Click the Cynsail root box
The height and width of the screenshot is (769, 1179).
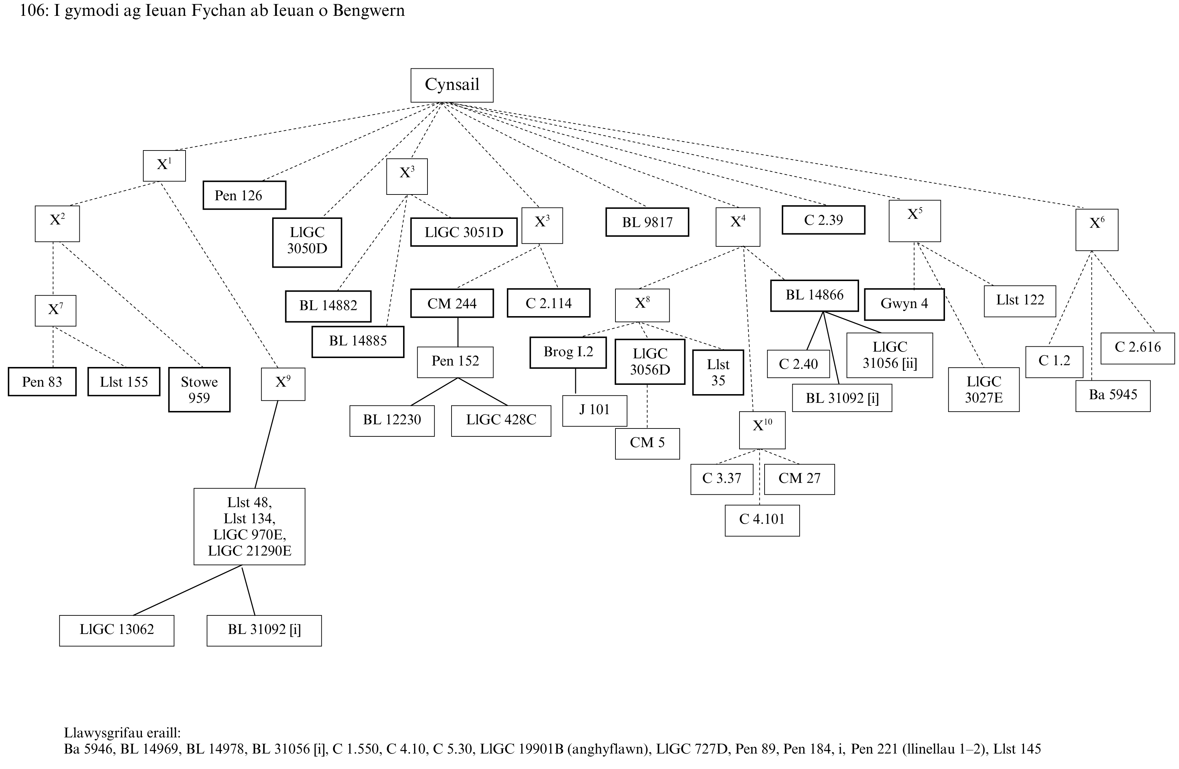(x=452, y=85)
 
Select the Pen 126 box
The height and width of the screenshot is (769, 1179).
(x=244, y=195)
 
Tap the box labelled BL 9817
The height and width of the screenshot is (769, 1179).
(x=647, y=222)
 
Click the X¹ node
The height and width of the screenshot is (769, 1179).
(x=164, y=166)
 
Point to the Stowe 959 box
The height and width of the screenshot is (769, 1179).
(x=199, y=389)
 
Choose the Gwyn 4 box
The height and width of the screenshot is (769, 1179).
(x=904, y=304)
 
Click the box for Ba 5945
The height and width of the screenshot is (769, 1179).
(x=1113, y=395)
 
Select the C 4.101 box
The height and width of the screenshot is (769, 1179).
(x=762, y=520)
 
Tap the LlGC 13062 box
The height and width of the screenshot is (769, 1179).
(x=116, y=630)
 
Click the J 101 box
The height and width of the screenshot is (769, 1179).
(x=594, y=410)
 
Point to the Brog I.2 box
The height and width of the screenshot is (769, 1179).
(x=568, y=352)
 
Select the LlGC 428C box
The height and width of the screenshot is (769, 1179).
(x=501, y=421)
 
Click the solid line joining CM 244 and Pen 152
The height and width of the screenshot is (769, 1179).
(x=458, y=332)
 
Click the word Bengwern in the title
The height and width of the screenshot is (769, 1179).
(x=369, y=10)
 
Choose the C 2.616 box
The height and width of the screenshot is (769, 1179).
(x=1137, y=347)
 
